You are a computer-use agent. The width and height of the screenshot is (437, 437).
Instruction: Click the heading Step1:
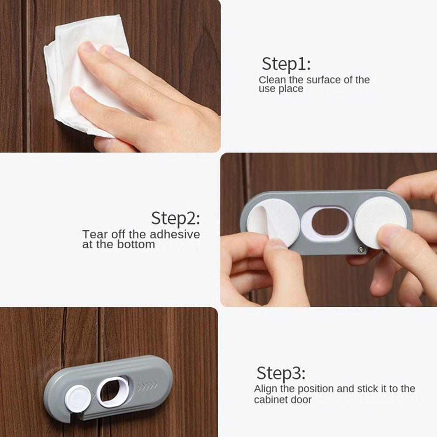click(x=286, y=64)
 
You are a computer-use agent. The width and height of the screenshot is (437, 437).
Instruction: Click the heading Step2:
click(x=176, y=218)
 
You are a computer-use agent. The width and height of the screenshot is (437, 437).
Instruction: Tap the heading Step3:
click(x=281, y=374)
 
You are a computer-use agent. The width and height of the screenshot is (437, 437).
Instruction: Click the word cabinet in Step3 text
click(x=272, y=399)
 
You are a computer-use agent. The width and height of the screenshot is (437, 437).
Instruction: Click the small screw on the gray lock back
click(x=360, y=249)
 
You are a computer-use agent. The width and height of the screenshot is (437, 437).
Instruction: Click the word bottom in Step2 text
click(x=136, y=244)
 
